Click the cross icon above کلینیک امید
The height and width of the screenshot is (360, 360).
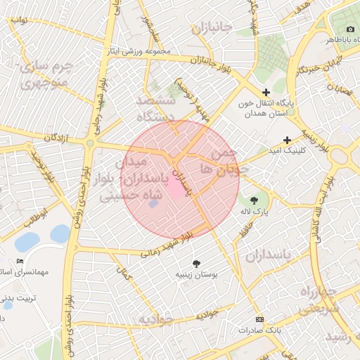click(x=286, y=140)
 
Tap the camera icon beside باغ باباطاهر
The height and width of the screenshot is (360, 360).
click(x=350, y=29)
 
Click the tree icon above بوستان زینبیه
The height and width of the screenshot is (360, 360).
click(x=195, y=263)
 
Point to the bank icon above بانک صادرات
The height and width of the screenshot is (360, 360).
click(x=259, y=319)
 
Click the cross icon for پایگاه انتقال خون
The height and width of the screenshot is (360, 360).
click(x=266, y=92)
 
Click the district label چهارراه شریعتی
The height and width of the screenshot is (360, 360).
click(x=320, y=300)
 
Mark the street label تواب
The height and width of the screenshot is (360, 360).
click(x=19, y=20)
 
